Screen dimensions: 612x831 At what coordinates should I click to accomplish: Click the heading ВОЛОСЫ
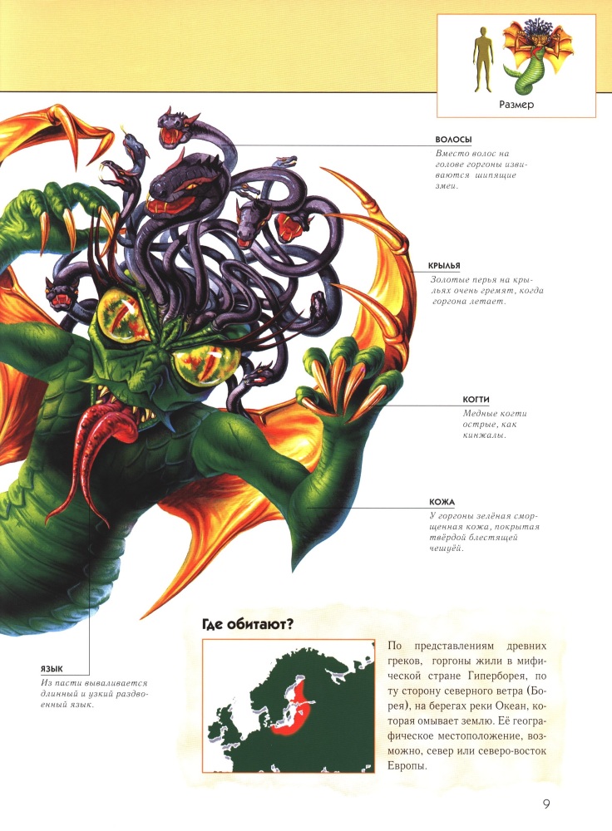(453, 140)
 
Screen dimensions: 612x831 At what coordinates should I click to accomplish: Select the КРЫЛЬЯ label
(444, 266)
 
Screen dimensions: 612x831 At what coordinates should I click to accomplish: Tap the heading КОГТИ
(476, 399)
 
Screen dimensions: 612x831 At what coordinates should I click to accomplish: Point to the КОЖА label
(442, 501)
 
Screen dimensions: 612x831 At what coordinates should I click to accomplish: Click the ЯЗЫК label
(52, 669)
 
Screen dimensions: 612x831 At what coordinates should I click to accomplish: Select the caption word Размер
(516, 105)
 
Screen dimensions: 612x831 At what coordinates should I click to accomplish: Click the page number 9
(546, 804)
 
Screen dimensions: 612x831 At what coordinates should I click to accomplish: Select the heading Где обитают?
(248, 624)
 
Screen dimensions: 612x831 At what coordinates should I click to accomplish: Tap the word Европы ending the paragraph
(407, 766)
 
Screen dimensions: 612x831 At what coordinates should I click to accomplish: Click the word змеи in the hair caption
(446, 186)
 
